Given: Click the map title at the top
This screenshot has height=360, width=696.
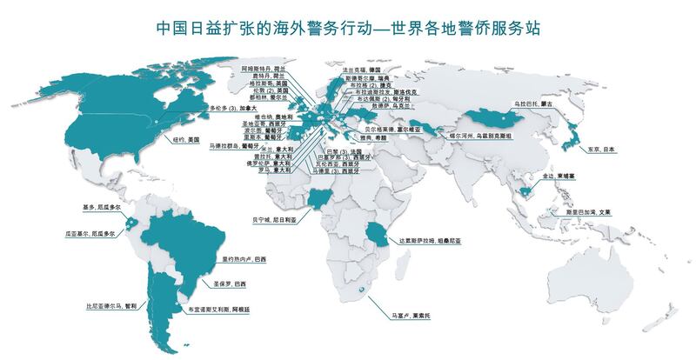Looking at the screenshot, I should click(x=348, y=28).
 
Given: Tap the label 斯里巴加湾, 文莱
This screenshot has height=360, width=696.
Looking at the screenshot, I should click(x=594, y=211).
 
